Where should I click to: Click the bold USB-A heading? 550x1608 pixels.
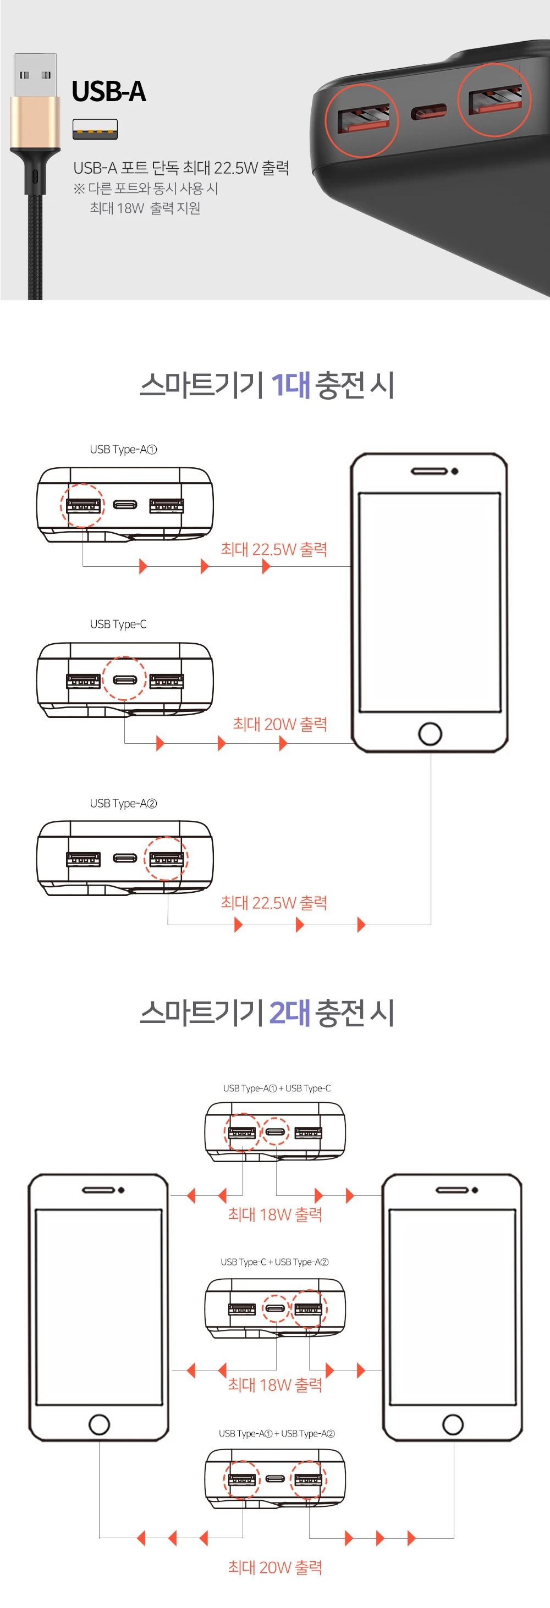click(109, 92)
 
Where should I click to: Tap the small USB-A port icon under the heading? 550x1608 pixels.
click(95, 129)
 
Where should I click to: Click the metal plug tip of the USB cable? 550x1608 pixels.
click(36, 75)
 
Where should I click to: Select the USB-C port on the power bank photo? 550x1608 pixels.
click(428, 112)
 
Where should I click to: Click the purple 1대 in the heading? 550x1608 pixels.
click(290, 384)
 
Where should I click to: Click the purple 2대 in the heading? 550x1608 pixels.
click(290, 1013)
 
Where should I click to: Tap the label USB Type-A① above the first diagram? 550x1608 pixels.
click(123, 450)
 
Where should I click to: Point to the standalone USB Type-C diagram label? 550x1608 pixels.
click(118, 624)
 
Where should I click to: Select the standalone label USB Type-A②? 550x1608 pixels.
click(123, 803)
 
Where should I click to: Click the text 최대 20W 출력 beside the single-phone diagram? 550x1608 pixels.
click(280, 724)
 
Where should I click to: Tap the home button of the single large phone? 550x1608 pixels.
click(430, 733)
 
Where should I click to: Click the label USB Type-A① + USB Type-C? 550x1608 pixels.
click(277, 1088)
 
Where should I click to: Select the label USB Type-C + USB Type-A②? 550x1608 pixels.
click(274, 1262)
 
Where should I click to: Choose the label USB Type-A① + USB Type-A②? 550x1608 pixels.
click(277, 1433)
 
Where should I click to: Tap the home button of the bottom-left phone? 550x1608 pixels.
click(99, 1424)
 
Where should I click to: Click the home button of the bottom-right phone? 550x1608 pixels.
click(453, 1424)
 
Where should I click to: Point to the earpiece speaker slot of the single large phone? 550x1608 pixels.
click(429, 471)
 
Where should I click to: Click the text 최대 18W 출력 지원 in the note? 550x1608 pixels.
click(145, 208)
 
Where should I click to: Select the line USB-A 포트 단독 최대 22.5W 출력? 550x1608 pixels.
click(181, 168)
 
